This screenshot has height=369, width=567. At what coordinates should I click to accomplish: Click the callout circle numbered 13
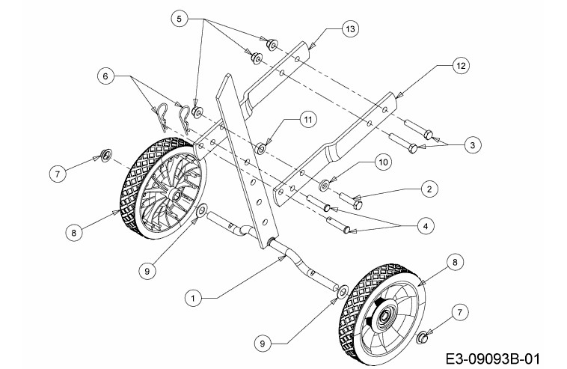(350, 29)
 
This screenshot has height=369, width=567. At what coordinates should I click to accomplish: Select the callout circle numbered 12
(461, 66)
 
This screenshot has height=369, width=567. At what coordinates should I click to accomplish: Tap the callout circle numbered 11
(307, 120)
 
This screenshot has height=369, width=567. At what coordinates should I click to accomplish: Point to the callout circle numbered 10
(383, 162)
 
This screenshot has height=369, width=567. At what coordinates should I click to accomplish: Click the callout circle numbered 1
(194, 299)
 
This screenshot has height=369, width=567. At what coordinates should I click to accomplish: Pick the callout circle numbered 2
(429, 189)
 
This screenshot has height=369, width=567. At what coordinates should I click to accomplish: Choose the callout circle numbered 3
(473, 145)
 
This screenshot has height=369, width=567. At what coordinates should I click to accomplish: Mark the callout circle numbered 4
(425, 226)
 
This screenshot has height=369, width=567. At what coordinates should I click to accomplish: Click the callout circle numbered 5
(180, 19)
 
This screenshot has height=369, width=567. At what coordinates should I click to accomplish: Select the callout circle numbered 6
(105, 76)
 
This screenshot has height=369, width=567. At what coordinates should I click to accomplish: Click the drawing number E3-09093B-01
(493, 359)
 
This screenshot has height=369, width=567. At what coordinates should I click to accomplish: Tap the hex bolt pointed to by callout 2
(351, 201)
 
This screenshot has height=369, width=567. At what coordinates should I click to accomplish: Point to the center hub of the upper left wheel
(176, 195)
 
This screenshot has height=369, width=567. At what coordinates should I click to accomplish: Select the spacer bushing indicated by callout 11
(260, 148)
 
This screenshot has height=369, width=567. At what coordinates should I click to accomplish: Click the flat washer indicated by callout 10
(324, 186)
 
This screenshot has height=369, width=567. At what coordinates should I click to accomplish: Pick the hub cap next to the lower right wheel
(422, 338)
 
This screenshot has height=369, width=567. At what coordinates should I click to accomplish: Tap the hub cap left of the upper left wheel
(106, 155)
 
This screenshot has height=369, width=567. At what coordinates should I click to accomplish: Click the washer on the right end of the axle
(341, 292)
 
